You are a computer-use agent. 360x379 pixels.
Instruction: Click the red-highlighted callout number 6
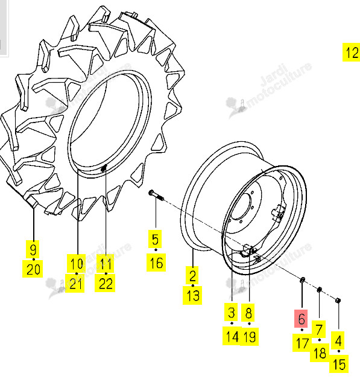pyautogui.click(x=301, y=319)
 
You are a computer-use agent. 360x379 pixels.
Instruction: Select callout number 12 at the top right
pyautogui.click(x=352, y=53)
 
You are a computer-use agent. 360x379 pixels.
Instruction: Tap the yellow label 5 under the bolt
pyautogui.click(x=155, y=240)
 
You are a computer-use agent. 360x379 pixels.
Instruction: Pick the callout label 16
pyautogui.click(x=156, y=263)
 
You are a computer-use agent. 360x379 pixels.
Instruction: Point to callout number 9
pyautogui.click(x=33, y=249)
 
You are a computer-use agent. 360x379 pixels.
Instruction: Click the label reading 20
pyautogui.click(x=33, y=269)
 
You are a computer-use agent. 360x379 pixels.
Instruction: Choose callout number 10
pyautogui.click(x=77, y=264)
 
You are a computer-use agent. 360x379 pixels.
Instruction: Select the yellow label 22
pyautogui.click(x=105, y=283)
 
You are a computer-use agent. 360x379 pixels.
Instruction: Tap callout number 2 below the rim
pyautogui.click(x=192, y=275)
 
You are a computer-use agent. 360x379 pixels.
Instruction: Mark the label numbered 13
pyautogui.click(x=192, y=295)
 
